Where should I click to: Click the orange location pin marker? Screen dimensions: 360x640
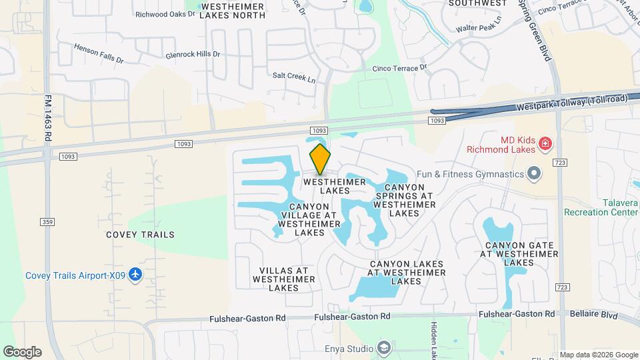pyautogui.click(x=320, y=159)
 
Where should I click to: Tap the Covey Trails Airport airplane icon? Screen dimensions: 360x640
pyautogui.click(x=136, y=275)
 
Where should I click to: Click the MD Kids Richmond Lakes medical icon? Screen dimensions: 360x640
pyautogui.click(x=545, y=143)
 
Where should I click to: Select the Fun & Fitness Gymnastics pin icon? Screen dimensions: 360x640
pyautogui.click(x=533, y=175)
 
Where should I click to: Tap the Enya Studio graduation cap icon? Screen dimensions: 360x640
pyautogui.click(x=384, y=348)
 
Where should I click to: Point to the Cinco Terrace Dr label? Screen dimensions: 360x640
pyautogui.click(x=399, y=68)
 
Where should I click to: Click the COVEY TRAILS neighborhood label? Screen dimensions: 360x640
pyautogui.click(x=140, y=235)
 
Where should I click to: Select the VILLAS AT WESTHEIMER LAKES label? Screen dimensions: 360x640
pyautogui.click(x=283, y=279)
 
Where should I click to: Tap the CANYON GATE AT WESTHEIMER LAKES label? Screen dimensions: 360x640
pyautogui.click(x=518, y=254)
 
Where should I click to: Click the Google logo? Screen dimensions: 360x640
pyautogui.click(x=21, y=351)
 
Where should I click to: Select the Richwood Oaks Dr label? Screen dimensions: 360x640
pyautogui.click(x=159, y=13)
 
